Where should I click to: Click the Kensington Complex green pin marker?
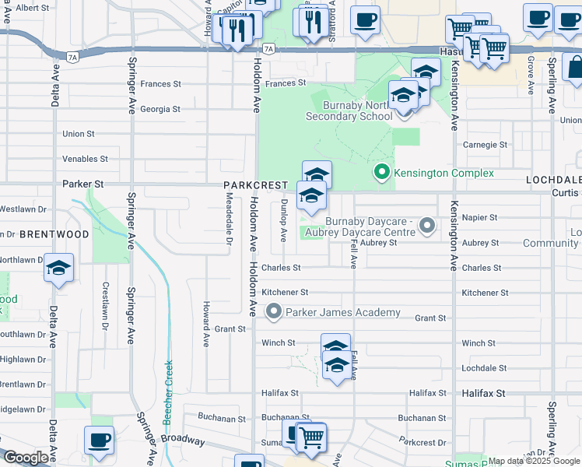click(381, 172)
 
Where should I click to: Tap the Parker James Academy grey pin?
click(273, 312)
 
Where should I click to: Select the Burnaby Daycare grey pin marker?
click(426, 226)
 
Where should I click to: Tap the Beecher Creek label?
click(167, 394)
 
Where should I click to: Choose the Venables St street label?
click(85, 159)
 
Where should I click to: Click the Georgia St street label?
click(160, 109)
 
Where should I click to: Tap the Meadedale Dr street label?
click(230, 226)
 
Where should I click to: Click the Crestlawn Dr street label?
click(104, 304)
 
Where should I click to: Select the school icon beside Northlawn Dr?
click(59, 269)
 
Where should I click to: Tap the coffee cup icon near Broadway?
click(99, 441)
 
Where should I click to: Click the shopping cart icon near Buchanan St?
click(311, 437)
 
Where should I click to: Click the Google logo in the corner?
click(26, 458)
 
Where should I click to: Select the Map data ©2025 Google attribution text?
click(534, 461)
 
